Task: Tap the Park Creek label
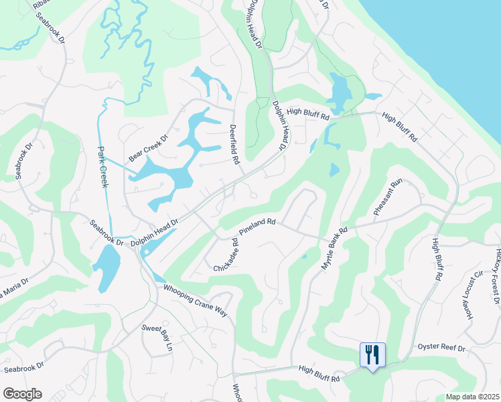tap(103, 167)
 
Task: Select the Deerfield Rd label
tap(234, 144)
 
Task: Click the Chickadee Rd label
tap(225, 255)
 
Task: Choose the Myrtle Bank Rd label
tap(334, 249)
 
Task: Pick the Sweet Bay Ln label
tap(166, 337)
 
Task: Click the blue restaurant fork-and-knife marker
tap(373, 354)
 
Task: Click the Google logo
tap(22, 394)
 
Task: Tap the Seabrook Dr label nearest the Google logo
tap(23, 368)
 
